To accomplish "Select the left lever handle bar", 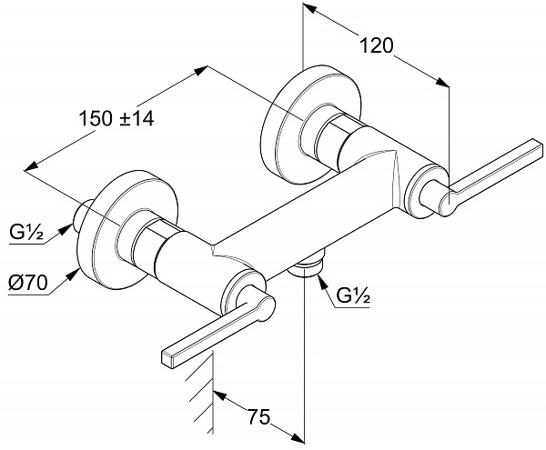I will click(x=209, y=332).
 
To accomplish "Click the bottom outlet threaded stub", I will click(x=307, y=267).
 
